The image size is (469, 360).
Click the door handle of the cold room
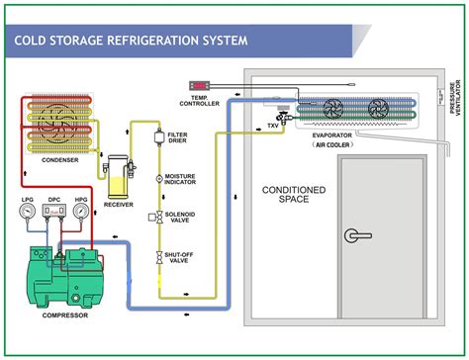click(x=354, y=234)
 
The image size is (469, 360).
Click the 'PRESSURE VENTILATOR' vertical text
click(x=456, y=99)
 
